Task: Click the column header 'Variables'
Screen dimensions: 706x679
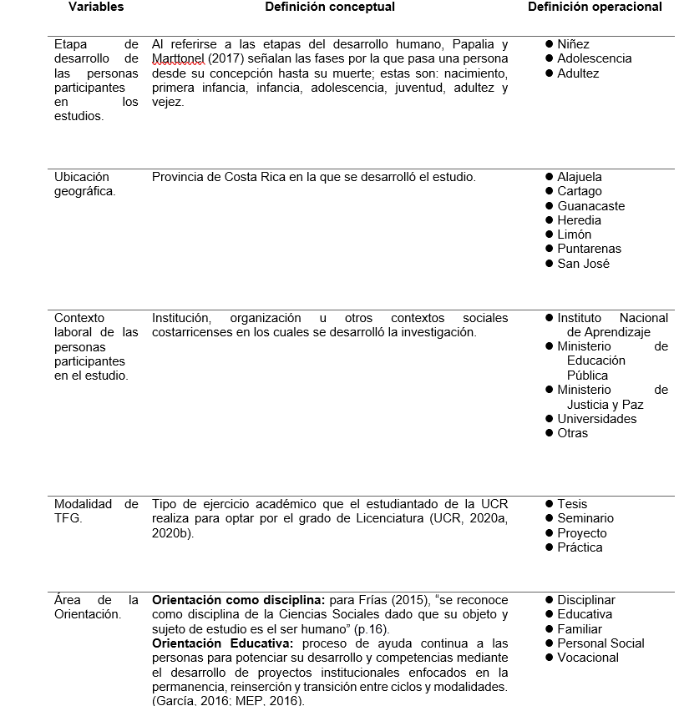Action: pos(95,7)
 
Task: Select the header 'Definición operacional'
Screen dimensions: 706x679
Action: pos(595,7)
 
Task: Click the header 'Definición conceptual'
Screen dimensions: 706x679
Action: pos(330,7)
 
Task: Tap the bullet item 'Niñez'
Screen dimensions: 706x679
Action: pos(573,44)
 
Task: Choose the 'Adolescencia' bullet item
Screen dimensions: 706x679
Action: pos(594,58)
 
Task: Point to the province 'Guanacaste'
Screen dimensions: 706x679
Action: pos(590,206)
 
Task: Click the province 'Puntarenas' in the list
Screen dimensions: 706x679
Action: pos(589,249)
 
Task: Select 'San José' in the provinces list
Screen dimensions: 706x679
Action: pos(583,264)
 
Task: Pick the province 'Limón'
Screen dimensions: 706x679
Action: pos(575,234)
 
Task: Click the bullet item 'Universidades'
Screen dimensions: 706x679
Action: pos(596,419)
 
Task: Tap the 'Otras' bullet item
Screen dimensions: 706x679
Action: pos(572,433)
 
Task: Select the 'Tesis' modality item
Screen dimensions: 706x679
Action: pos(572,504)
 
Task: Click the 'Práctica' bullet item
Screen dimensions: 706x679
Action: pos(580,547)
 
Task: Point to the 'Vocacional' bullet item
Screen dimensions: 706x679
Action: pos(588,658)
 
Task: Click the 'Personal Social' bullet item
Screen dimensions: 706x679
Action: pos(600,643)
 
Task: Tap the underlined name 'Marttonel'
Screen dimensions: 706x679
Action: pos(178,58)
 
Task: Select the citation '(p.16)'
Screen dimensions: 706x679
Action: pos(372,629)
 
